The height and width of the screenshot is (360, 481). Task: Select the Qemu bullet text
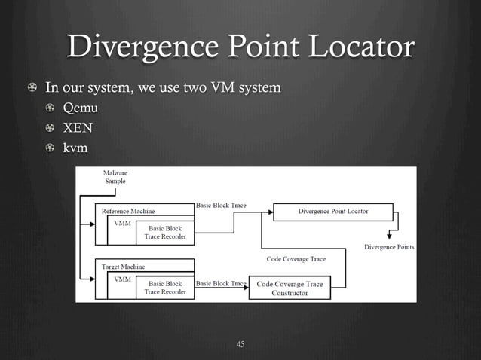pyautogui.click(x=80, y=108)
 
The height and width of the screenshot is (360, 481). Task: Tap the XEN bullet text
pyautogui.click(x=78, y=128)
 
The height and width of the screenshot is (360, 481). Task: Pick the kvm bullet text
pyautogui.click(x=75, y=148)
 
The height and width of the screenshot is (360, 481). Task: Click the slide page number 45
pyautogui.click(x=240, y=344)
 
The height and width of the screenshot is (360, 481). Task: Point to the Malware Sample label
pyautogui.click(x=115, y=177)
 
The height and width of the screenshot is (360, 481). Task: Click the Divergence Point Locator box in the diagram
pyautogui.click(x=332, y=212)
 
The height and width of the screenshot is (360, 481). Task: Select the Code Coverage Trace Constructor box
pyautogui.click(x=290, y=288)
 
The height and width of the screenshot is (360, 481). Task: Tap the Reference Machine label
pyautogui.click(x=128, y=212)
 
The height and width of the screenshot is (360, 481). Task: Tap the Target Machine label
pyautogui.click(x=124, y=267)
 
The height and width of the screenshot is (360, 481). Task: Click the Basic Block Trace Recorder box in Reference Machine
pyautogui.click(x=164, y=232)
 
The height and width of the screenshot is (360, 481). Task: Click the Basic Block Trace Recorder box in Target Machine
pyautogui.click(x=164, y=288)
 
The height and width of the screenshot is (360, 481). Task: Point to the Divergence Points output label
pyautogui.click(x=388, y=247)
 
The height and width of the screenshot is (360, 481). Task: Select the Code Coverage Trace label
pyautogui.click(x=296, y=259)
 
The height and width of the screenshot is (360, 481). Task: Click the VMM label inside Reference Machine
pyautogui.click(x=121, y=224)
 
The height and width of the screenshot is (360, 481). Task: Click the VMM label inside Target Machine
pyautogui.click(x=121, y=279)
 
